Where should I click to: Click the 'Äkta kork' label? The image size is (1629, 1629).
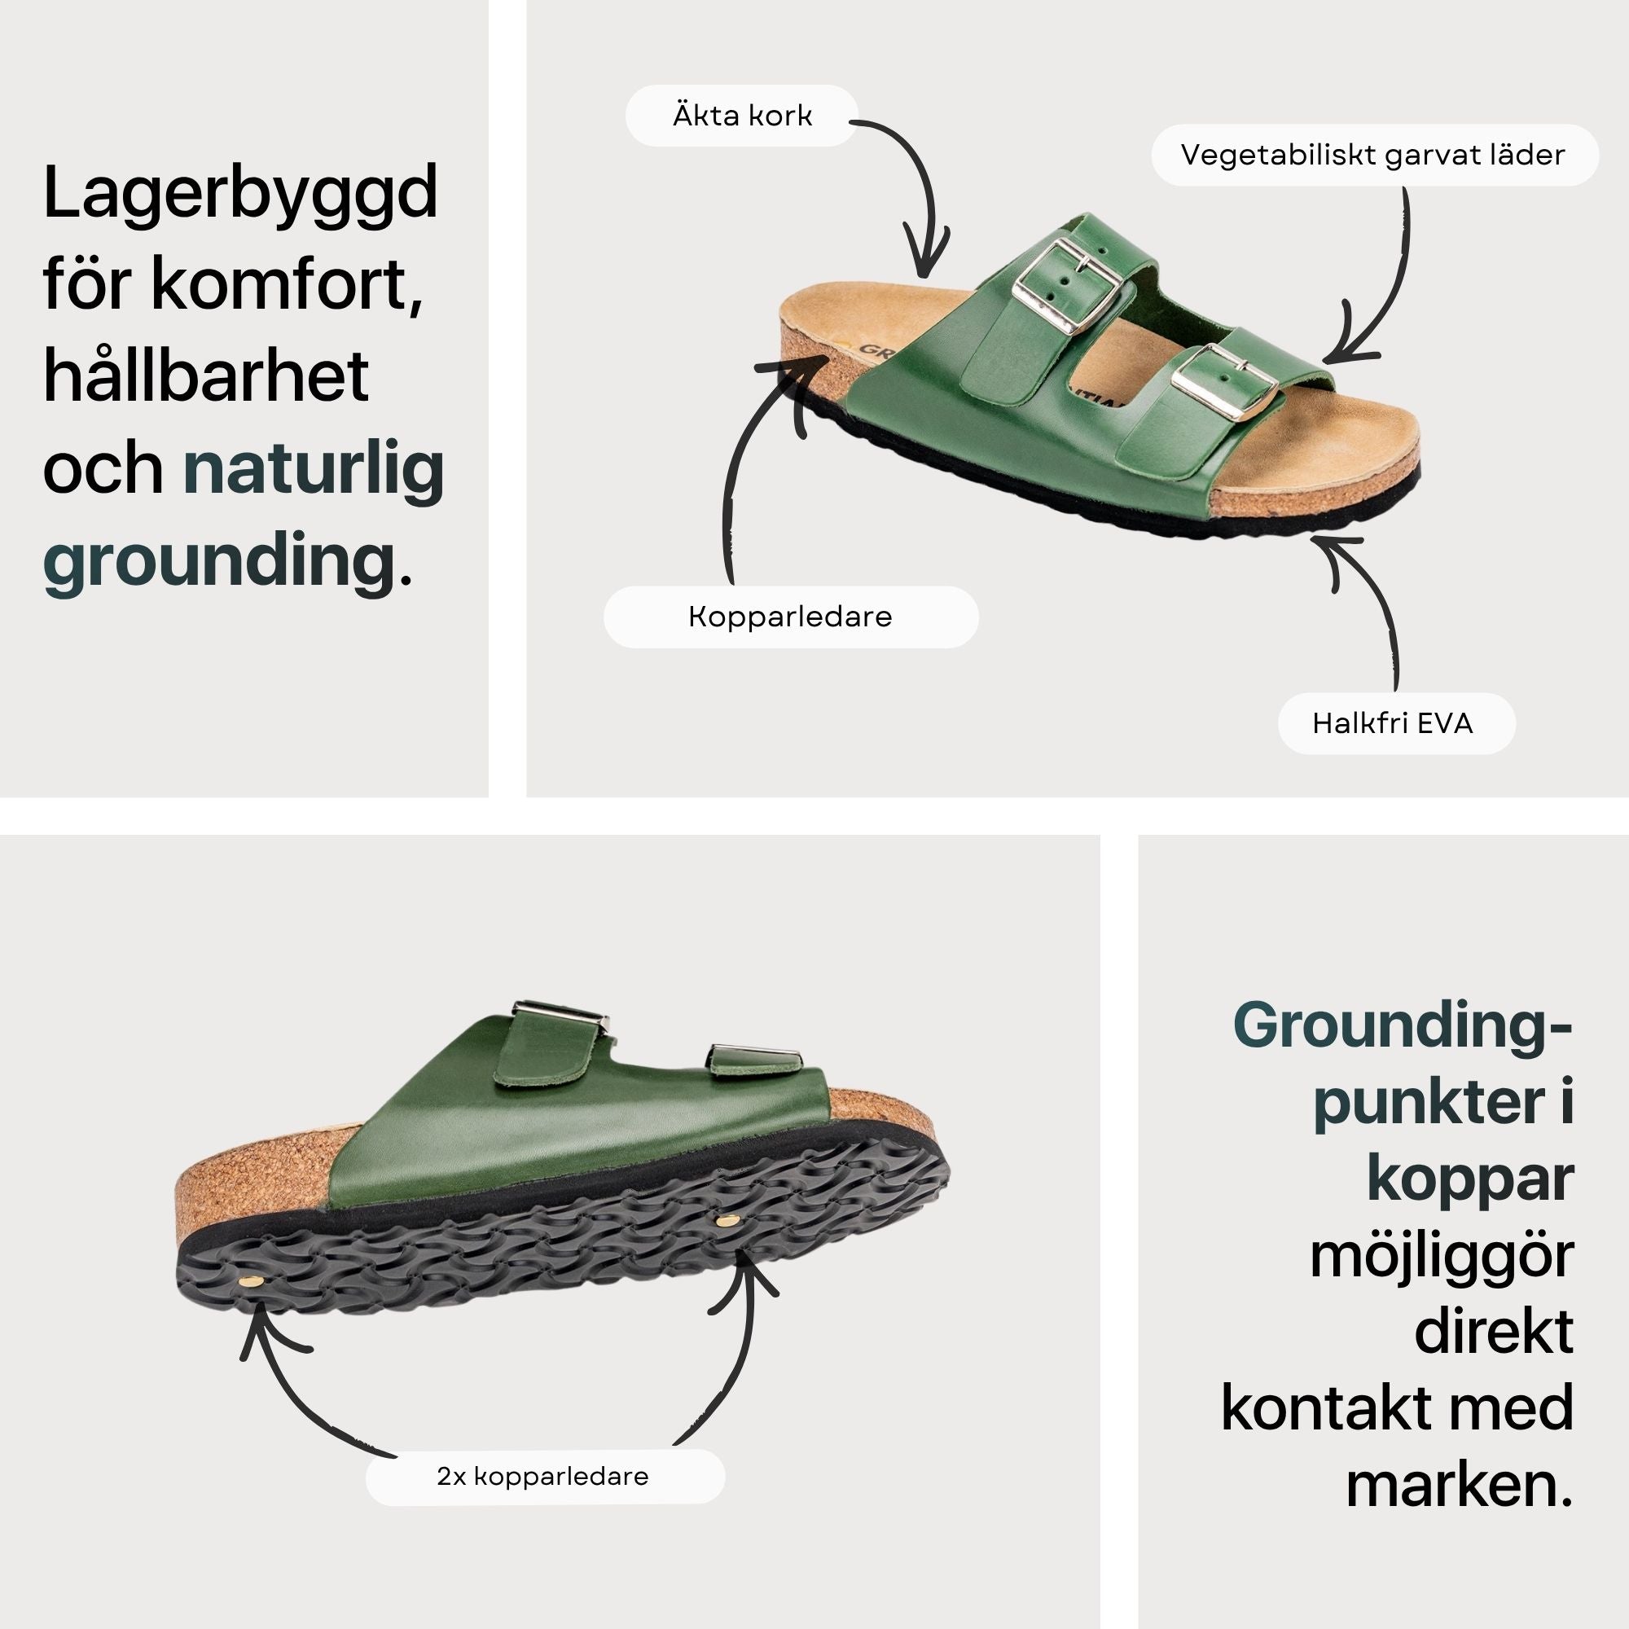(x=741, y=116)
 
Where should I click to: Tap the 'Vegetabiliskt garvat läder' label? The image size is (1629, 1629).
(x=1374, y=155)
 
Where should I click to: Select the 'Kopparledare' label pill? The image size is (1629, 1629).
(x=791, y=617)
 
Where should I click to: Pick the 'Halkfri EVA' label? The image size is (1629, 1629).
(x=1396, y=723)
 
